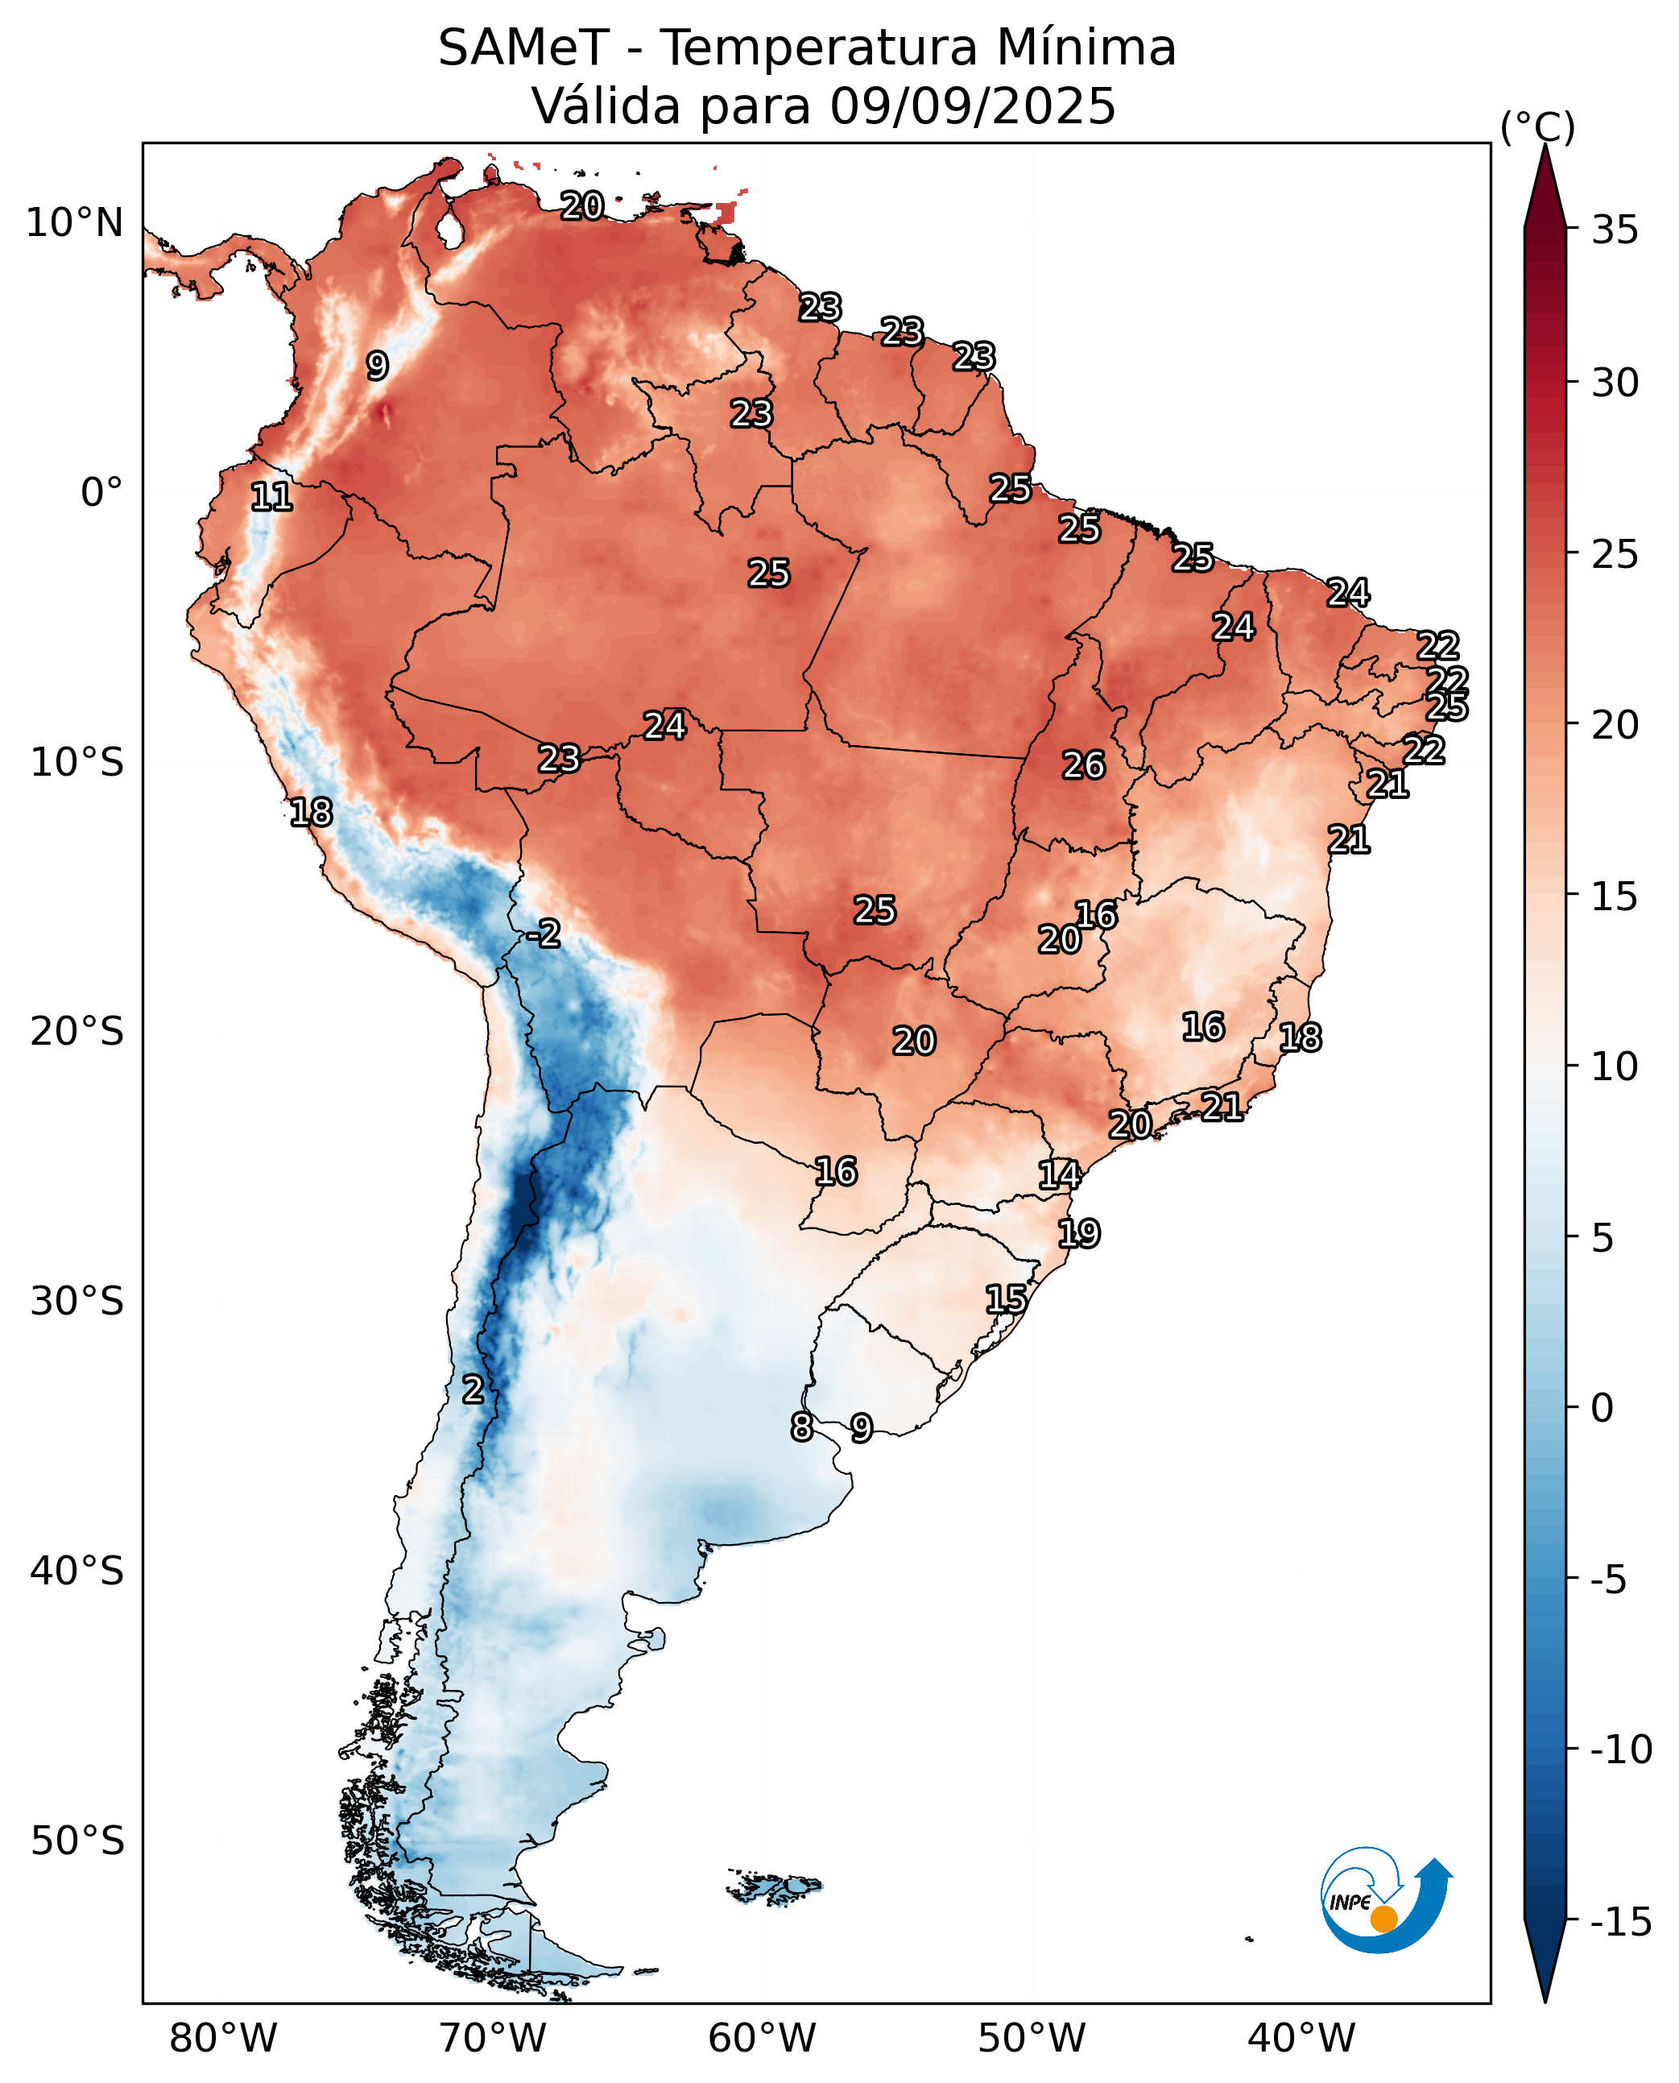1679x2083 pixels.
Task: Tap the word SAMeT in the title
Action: (523, 48)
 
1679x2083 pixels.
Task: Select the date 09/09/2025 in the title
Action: (972, 106)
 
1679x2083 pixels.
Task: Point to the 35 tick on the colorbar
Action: (1615, 230)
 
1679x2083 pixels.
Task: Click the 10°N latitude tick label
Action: (74, 223)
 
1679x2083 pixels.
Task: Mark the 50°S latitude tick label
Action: (77, 1841)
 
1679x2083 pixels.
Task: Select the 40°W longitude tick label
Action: (1301, 2038)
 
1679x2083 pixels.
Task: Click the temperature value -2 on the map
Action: (544, 934)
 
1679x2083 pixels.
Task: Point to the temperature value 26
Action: (1083, 765)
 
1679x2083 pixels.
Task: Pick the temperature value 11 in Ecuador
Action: (271, 497)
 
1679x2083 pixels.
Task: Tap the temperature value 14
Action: (1059, 1174)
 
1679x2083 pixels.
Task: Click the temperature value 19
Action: (1078, 1233)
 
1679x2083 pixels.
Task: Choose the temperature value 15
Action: (1006, 1298)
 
